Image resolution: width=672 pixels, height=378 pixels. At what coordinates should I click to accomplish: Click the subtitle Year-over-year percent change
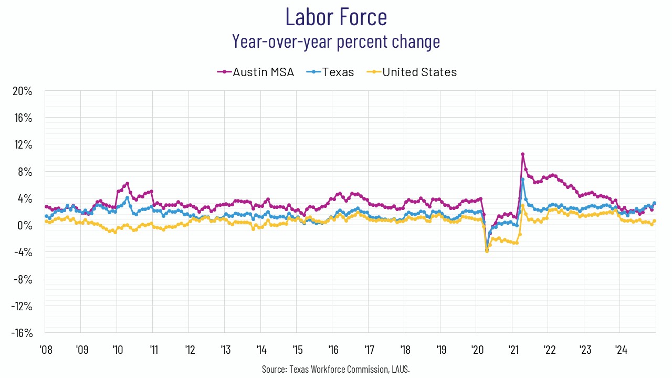[x=336, y=41]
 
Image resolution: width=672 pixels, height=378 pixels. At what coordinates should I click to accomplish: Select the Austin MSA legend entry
[x=256, y=72]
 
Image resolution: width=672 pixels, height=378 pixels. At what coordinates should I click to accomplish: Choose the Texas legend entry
[x=333, y=72]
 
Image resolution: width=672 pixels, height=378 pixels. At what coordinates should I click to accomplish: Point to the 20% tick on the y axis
[x=23, y=91]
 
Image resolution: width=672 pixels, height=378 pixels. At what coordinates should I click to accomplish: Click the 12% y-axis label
[x=23, y=145]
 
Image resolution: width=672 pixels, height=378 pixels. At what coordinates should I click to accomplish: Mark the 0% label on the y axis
[x=25, y=226]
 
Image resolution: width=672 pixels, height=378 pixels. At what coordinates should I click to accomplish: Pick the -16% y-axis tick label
[x=21, y=333]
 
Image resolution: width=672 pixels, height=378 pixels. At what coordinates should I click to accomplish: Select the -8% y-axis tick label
[x=23, y=279]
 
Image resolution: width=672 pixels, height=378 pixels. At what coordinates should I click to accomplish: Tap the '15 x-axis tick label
[x=296, y=350]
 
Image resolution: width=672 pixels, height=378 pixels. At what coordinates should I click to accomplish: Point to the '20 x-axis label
[x=476, y=350]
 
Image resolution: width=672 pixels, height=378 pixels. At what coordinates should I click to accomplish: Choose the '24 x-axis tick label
[x=619, y=350]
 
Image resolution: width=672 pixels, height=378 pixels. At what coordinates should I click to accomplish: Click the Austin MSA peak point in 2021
[x=522, y=154]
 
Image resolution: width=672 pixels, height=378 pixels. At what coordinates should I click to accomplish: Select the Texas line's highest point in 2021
[x=522, y=180]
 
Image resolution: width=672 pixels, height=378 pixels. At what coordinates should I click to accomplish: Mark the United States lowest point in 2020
[x=487, y=251]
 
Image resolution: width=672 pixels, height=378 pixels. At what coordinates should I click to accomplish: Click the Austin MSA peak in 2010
[x=127, y=184]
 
